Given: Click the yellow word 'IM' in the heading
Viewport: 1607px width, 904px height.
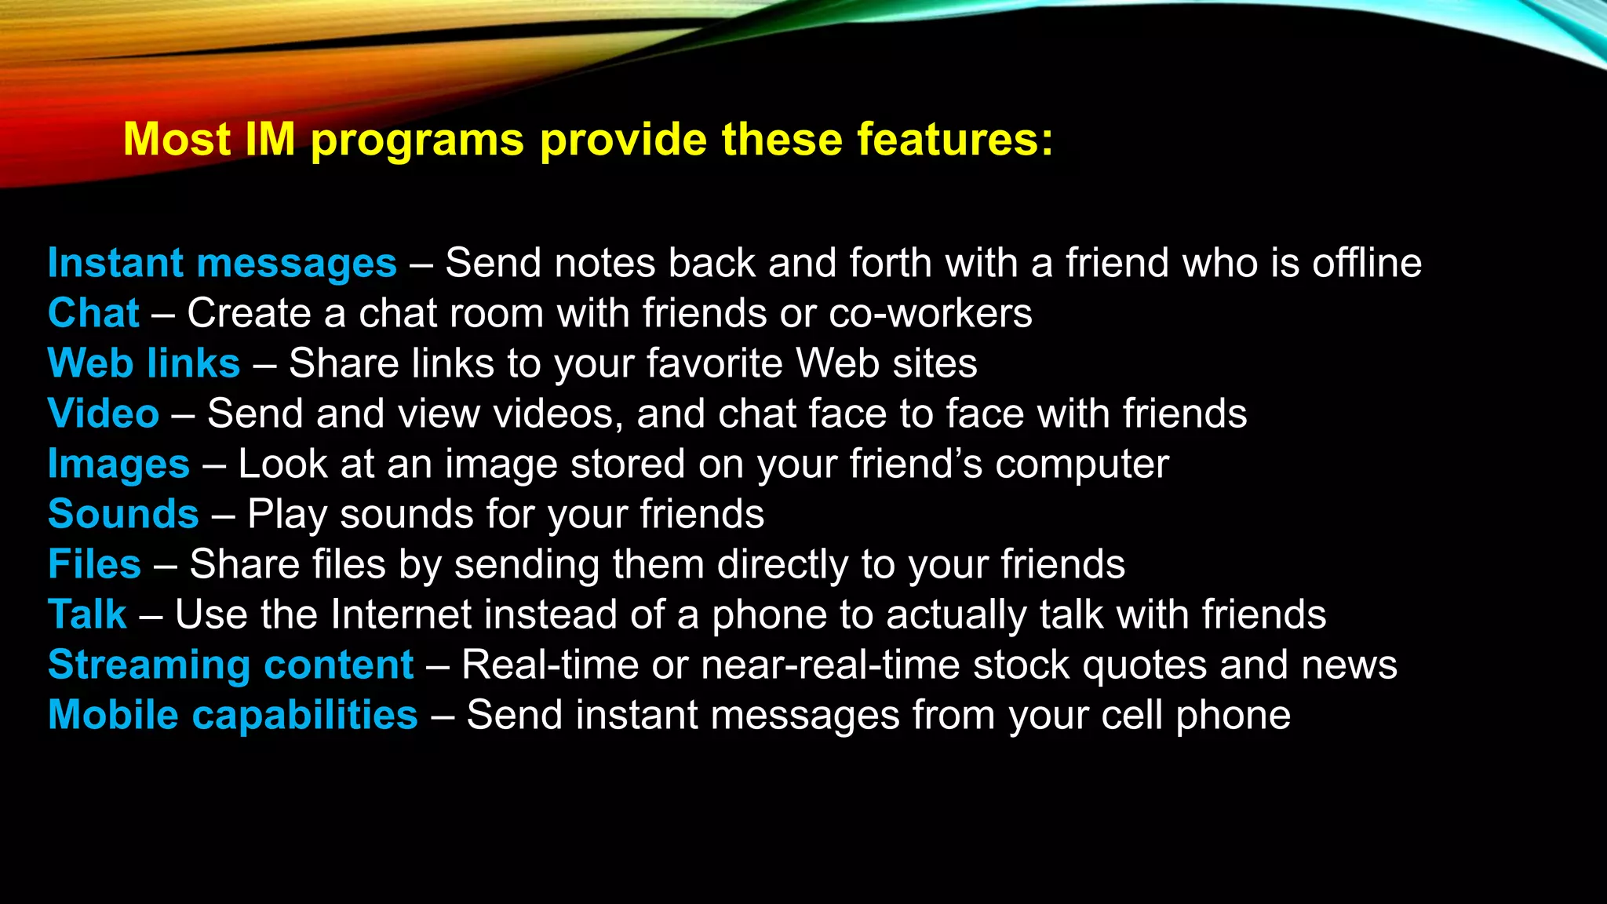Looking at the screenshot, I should point(270,140).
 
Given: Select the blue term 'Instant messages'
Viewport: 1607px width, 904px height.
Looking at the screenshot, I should point(222,263).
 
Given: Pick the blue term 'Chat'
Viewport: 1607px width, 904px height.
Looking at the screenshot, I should point(93,313).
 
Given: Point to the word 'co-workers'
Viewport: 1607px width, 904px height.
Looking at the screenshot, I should point(931,313).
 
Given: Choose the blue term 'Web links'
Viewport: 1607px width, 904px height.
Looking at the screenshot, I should point(144,363).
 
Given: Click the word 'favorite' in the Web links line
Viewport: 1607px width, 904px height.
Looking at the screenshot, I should point(714,363).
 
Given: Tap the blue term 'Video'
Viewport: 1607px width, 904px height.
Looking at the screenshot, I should point(103,414).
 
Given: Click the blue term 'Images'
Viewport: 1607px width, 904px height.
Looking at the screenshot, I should point(118,464).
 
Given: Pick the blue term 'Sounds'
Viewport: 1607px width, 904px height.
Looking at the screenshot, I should point(123,514).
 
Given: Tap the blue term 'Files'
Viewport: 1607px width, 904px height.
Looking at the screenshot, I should point(94,564).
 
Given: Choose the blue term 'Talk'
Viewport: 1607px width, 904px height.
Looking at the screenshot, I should point(87,614).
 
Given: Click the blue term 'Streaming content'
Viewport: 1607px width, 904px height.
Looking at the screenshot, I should point(231,665).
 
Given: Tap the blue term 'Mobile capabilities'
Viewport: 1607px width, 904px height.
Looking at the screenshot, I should point(233,715).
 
